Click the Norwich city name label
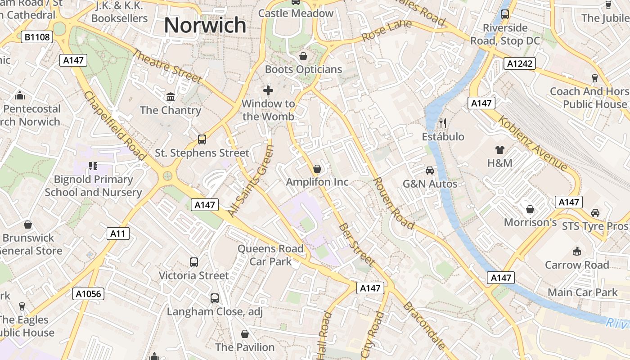click(205, 25)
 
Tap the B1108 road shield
click(37, 37)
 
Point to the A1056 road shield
click(88, 294)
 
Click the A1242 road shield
click(520, 63)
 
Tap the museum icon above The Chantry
click(171, 97)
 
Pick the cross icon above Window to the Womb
click(268, 90)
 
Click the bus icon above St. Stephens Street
click(202, 139)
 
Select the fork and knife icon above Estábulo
click(443, 123)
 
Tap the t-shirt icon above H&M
click(499, 149)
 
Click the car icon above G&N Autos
click(430, 170)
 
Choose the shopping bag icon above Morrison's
click(530, 209)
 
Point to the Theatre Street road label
click(167, 66)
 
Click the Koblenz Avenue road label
click(533, 143)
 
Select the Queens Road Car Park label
click(270, 255)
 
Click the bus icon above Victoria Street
click(194, 262)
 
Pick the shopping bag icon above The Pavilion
click(245, 334)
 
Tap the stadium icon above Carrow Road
click(577, 251)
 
